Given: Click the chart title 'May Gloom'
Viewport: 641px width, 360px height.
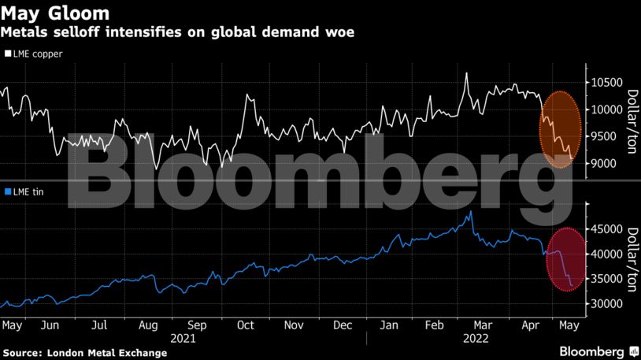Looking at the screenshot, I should [55, 13].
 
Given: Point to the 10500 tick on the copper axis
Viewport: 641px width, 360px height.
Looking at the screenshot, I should [604, 83].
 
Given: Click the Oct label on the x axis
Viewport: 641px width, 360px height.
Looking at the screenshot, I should [245, 325].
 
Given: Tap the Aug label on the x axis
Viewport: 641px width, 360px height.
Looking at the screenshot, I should [147, 325].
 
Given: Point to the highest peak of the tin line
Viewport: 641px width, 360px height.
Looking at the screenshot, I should [470, 211].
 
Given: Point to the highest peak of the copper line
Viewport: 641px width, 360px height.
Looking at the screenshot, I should [466, 73].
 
